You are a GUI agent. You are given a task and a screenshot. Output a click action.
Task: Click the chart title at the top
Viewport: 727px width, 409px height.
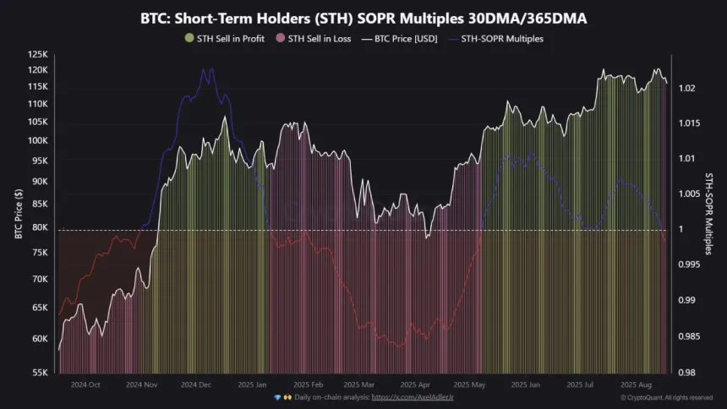click(363, 17)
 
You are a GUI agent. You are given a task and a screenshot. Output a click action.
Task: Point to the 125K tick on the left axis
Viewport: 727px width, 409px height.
click(38, 54)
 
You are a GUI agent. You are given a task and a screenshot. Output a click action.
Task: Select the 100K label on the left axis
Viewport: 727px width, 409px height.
click(38, 140)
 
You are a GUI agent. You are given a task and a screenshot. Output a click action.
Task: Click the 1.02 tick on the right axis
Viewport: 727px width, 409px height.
click(687, 88)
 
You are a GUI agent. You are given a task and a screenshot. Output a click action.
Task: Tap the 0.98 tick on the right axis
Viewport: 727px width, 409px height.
click(687, 373)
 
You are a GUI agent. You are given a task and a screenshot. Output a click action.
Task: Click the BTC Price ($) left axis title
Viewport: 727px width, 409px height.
click(19, 211)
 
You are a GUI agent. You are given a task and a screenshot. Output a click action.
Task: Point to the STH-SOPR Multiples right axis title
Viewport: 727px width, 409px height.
click(708, 211)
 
